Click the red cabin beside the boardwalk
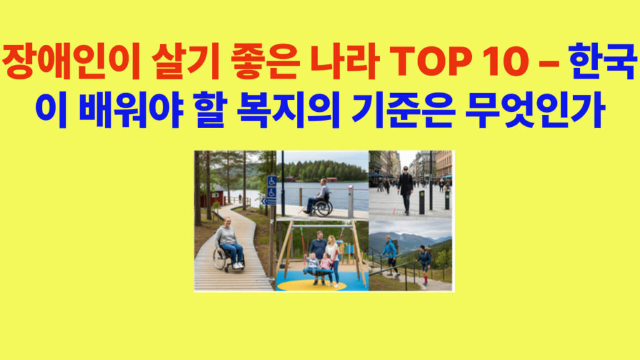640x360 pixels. [213, 195]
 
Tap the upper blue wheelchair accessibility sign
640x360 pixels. [272, 181]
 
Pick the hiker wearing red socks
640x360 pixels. [425, 262]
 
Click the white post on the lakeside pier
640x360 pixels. [350, 201]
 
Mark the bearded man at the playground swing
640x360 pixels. [318, 250]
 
